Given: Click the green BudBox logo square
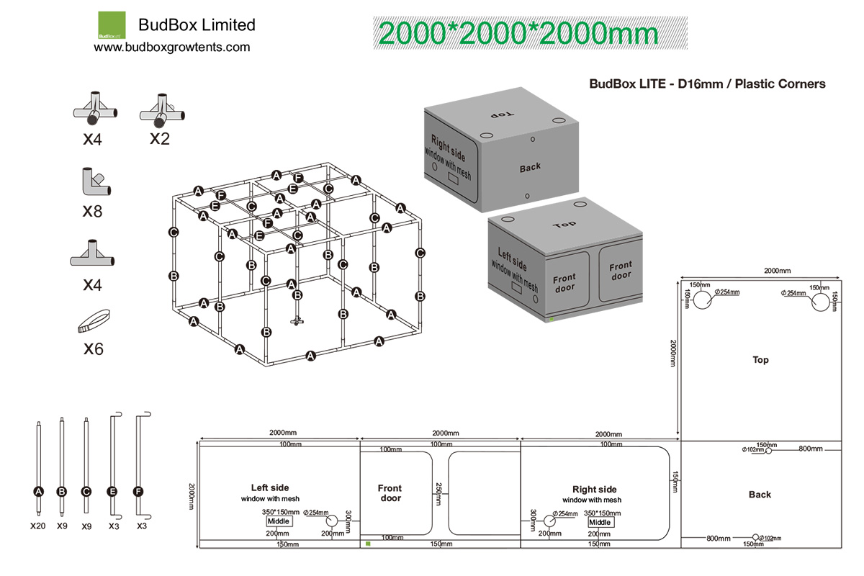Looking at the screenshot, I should click(111, 25).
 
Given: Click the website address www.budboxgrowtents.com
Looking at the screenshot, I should click(172, 48).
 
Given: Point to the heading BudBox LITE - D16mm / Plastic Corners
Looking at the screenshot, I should click(707, 84).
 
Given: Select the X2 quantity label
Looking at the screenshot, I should click(160, 138).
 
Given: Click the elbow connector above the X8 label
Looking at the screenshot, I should click(93, 183).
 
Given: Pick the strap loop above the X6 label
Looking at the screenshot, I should click(93, 320).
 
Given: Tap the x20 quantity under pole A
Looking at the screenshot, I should click(38, 526).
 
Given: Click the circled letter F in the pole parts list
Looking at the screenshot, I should click(139, 491).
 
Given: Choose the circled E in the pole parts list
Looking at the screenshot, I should click(113, 491).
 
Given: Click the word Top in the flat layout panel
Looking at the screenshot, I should click(760, 360).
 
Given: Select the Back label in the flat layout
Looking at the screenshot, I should click(760, 495).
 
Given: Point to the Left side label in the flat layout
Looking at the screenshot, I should click(270, 487).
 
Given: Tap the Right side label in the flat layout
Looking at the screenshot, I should click(594, 490).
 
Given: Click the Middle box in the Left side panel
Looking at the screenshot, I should click(278, 521).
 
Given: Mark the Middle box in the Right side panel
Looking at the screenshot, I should click(600, 522).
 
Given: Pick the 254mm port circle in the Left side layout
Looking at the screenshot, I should click(332, 521).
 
